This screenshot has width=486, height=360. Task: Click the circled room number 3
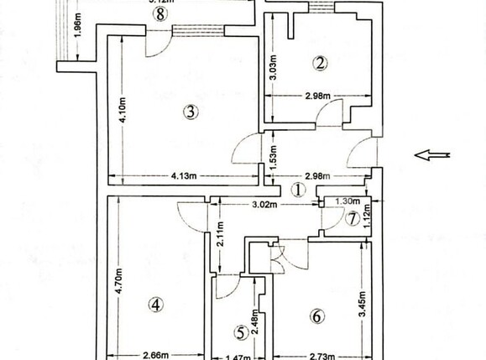click(191, 111)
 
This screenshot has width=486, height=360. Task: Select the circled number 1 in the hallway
click(296, 190)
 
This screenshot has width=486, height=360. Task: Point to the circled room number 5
click(241, 333)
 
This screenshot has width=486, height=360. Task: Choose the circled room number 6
click(316, 317)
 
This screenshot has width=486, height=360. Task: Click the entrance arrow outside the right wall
click(435, 154)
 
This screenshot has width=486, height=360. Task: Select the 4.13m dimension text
click(184, 176)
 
